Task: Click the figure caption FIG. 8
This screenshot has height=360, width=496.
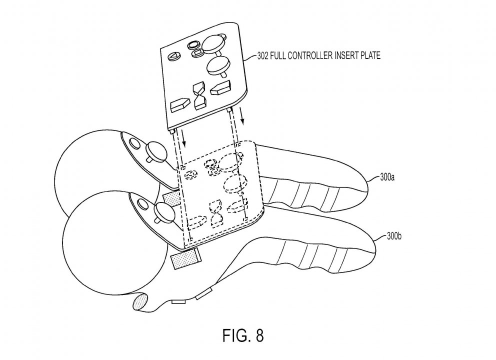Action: pyautogui.click(x=243, y=335)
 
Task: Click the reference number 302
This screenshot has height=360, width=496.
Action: pyautogui.click(x=262, y=56)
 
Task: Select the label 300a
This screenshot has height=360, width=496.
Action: pyautogui.click(x=387, y=177)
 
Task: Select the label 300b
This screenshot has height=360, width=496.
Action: pyautogui.click(x=394, y=236)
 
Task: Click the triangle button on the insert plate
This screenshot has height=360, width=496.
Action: pyautogui.click(x=173, y=57)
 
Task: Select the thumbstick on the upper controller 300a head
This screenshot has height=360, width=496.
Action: pyautogui.click(x=155, y=151)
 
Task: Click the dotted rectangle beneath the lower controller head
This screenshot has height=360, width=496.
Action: pyautogui.click(x=186, y=259)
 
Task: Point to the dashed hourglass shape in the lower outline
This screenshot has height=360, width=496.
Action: pyautogui.click(x=215, y=214)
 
